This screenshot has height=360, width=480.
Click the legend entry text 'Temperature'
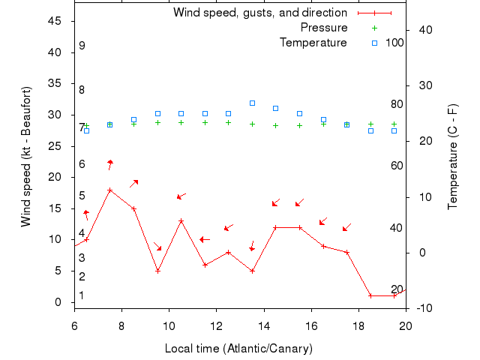click(313, 43)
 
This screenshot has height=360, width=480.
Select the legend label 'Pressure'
click(324, 28)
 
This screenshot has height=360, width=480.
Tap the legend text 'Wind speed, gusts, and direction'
click(260, 13)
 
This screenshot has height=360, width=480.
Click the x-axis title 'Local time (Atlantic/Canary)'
click(238, 349)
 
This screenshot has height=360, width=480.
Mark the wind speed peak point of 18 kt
click(110, 190)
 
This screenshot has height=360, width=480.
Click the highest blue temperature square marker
click(252, 103)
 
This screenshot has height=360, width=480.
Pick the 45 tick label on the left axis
click(55, 21)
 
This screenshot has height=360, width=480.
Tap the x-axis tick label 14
click(264, 325)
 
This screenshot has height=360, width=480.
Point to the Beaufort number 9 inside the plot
click(82, 46)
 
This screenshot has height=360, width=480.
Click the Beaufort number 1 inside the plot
click(82, 295)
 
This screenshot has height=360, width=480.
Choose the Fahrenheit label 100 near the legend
click(394, 43)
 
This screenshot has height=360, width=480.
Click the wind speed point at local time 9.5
click(157, 271)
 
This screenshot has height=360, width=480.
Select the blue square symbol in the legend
click(374, 43)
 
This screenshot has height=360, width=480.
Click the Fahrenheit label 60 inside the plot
click(397, 165)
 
